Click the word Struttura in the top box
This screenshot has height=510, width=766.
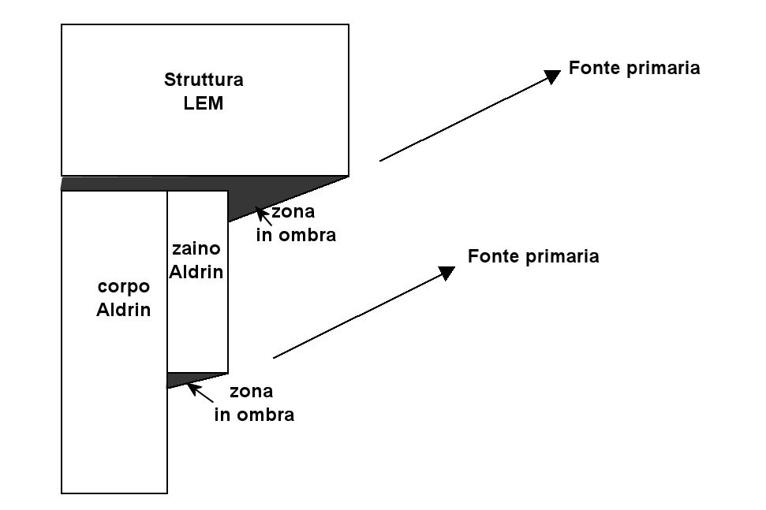pyautogui.click(x=204, y=80)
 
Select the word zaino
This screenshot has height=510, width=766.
pyautogui.click(x=196, y=249)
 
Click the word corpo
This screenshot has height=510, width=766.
pyautogui.click(x=123, y=287)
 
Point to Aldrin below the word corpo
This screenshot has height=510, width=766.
pyautogui.click(x=123, y=310)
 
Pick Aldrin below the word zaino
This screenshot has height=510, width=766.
pyautogui.click(x=197, y=273)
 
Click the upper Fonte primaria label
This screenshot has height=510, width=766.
pyautogui.click(x=633, y=69)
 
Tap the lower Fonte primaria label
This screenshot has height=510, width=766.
pyautogui.click(x=533, y=257)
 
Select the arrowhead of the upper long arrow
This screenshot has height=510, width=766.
pyautogui.click(x=553, y=75)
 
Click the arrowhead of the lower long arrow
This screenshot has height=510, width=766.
pyautogui.click(x=447, y=272)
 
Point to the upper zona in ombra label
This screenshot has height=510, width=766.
pyautogui.click(x=296, y=224)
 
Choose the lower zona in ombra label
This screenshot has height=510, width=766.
pyautogui.click(x=254, y=404)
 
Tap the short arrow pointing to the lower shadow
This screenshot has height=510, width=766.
pyautogui.click(x=200, y=392)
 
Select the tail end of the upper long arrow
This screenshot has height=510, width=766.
pyautogui.click(x=380, y=161)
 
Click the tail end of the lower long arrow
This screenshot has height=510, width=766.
pyautogui.click(x=274, y=358)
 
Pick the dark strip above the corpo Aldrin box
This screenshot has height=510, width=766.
pyautogui.click(x=114, y=183)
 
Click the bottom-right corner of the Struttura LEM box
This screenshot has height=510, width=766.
pyautogui.click(x=349, y=175)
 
